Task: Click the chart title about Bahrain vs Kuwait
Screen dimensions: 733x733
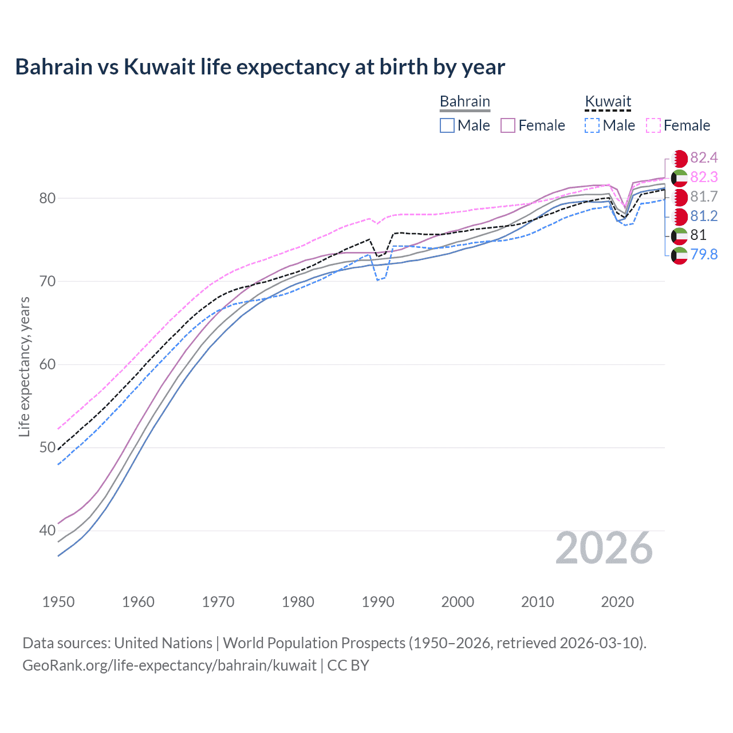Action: (x=260, y=67)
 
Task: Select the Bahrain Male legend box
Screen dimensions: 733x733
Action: (x=447, y=125)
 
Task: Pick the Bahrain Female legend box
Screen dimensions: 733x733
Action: (x=508, y=125)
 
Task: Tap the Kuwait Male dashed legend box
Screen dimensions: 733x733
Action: (x=592, y=125)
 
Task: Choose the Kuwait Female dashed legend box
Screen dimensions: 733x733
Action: (x=653, y=125)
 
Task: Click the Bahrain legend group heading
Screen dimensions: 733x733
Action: (x=464, y=102)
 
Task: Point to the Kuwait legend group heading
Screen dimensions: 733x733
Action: (x=608, y=102)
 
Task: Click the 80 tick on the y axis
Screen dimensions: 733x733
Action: (x=48, y=198)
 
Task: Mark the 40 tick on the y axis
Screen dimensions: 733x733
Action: (x=48, y=530)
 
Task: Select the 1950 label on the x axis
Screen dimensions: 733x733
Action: (x=58, y=602)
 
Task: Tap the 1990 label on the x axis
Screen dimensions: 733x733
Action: (x=378, y=602)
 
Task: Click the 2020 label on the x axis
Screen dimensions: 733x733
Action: (x=617, y=602)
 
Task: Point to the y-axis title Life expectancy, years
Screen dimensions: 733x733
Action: (x=25, y=366)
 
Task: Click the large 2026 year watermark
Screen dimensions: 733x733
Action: (x=604, y=548)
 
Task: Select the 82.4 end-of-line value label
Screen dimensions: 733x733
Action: (x=704, y=158)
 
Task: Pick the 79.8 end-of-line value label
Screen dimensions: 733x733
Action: (x=704, y=254)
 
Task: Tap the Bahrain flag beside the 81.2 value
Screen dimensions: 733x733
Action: (x=679, y=216)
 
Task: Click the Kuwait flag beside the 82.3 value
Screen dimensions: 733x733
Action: (x=679, y=178)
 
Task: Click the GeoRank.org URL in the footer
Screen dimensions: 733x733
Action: (x=170, y=665)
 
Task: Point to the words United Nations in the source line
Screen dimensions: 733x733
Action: (x=163, y=643)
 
